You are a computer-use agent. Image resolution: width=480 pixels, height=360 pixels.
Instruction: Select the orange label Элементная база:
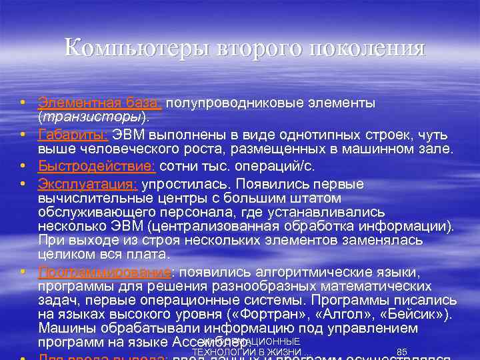coord(99,103)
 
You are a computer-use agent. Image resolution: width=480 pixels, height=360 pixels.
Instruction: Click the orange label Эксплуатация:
coord(87,184)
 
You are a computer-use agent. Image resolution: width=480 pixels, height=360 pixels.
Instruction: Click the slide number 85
coord(401,352)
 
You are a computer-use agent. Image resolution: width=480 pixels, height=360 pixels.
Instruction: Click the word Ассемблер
coord(220,343)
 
